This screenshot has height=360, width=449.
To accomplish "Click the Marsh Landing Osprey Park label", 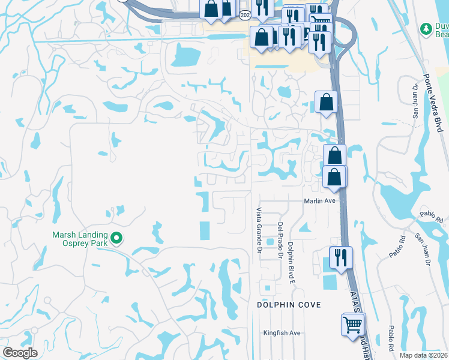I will click(80, 239).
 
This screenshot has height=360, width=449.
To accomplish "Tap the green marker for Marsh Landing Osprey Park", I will click(117, 239).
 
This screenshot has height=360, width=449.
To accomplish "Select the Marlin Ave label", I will click(319, 202).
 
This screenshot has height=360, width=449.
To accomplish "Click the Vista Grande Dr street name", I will click(259, 229).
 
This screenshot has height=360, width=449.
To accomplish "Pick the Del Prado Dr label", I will click(280, 240).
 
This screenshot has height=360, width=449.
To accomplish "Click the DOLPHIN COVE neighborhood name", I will click(289, 305).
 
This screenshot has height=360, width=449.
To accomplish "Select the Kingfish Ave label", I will click(282, 333).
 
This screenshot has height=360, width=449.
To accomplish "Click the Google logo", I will click(20, 353).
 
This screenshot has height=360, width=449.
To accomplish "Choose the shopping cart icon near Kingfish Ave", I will click(353, 325).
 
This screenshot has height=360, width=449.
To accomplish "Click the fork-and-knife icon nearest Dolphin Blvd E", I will click(340, 257).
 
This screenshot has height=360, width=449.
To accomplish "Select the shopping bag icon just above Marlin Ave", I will click(334, 177).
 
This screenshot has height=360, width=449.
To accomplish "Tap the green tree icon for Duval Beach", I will click(426, 28).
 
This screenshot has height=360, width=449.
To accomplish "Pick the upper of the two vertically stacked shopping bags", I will click(334, 156).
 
